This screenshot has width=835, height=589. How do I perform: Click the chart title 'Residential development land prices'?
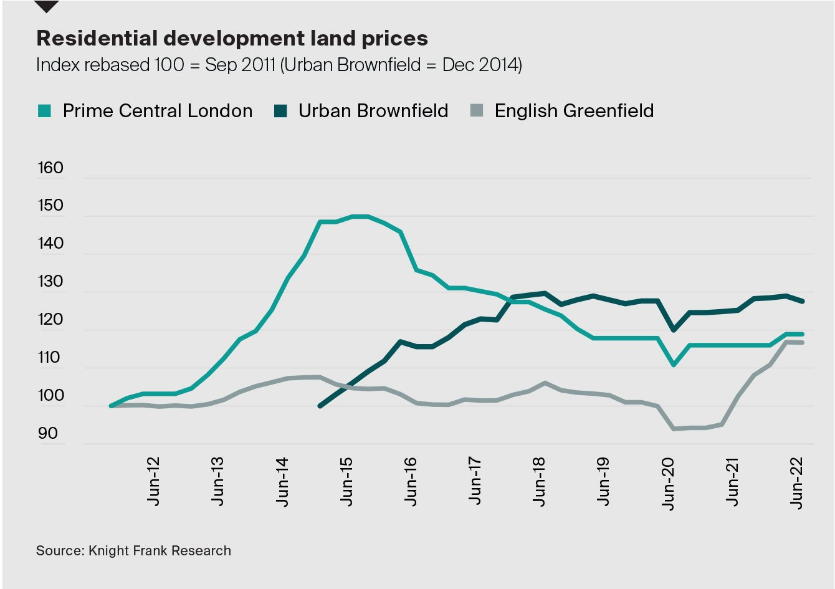232,39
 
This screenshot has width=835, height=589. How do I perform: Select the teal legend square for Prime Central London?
44,112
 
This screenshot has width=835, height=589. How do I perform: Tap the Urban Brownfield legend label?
373,111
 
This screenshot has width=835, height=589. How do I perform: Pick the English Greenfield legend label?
574,111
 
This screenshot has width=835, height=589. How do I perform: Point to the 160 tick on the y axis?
50,168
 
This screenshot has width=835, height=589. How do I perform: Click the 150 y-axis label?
50,206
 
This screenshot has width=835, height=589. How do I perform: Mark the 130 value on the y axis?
50,282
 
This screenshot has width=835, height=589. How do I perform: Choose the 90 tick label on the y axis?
48,434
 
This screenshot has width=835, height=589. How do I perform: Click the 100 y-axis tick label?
50,396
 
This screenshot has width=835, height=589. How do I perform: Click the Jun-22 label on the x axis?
797,484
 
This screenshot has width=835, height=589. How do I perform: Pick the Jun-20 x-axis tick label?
669,484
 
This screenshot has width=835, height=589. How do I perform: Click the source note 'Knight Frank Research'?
160,551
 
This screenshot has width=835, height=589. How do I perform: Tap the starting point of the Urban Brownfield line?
320,406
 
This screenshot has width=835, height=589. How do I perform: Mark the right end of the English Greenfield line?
801,343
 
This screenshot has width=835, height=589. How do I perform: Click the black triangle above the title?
47,6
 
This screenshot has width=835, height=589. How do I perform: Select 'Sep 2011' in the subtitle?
240,65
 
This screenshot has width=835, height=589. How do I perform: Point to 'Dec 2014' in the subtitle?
480,65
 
